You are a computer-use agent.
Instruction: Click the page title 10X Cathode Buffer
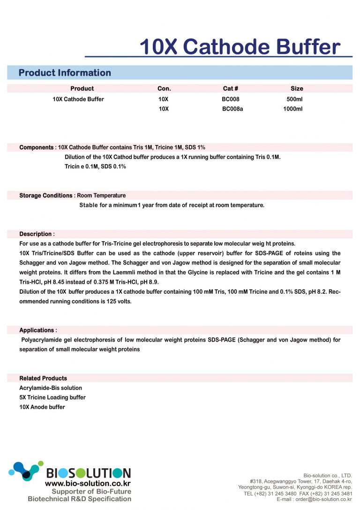pyautogui.click(x=240, y=47)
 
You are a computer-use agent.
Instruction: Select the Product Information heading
pyautogui.click(x=65, y=73)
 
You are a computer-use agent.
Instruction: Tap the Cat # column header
pyautogui.click(x=231, y=88)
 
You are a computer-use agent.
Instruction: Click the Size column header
pyautogui.click(x=297, y=88)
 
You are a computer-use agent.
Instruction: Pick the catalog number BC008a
pyautogui.click(x=232, y=109)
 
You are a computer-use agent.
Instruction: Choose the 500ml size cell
pyautogui.click(x=294, y=99)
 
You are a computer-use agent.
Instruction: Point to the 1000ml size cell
pyautogui.click(x=293, y=109)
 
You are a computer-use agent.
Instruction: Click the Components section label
pyautogui.click(x=36, y=147)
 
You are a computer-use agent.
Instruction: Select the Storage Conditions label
pyautogui.click(x=46, y=195)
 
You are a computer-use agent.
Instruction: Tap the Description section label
pyautogui.click(x=35, y=234)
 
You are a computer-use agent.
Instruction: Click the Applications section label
pyautogui.click(x=37, y=330)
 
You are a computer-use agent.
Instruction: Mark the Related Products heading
pyautogui.click(x=43, y=378)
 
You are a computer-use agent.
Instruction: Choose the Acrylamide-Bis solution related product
pyautogui.click(x=51, y=388)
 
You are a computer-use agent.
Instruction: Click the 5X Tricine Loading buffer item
pyautogui.click(x=52, y=397)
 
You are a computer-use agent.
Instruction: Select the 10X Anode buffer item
pyautogui.click(x=42, y=407)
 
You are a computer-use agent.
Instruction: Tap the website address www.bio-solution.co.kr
pyautogui.click(x=88, y=483)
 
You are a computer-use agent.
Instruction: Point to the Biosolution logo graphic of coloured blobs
pyautogui.click(x=26, y=471)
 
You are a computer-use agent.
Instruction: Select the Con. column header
pyautogui.click(x=164, y=88)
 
